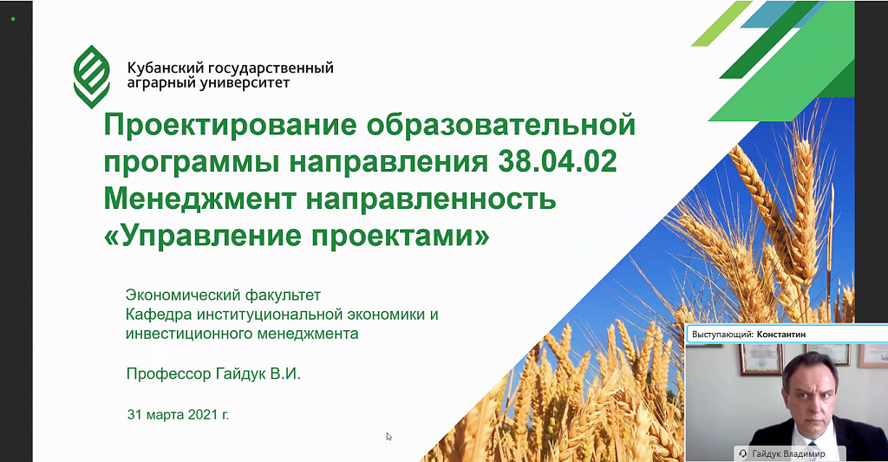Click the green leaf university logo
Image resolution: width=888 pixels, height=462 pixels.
92,76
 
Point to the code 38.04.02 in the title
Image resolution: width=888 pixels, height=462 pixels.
558,161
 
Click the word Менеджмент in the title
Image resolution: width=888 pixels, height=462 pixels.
200,198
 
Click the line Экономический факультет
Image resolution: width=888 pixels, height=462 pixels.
223,295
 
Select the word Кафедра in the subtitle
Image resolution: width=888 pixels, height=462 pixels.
160,315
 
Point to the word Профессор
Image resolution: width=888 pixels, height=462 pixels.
168,374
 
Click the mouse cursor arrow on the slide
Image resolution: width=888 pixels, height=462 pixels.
389,437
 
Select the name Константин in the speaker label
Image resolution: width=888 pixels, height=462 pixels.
781,334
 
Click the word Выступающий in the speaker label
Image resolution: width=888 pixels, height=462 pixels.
722,335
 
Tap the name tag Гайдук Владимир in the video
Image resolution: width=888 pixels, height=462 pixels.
788,453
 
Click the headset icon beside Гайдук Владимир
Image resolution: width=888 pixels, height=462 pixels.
743,453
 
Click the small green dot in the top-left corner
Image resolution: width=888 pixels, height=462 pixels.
13,19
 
